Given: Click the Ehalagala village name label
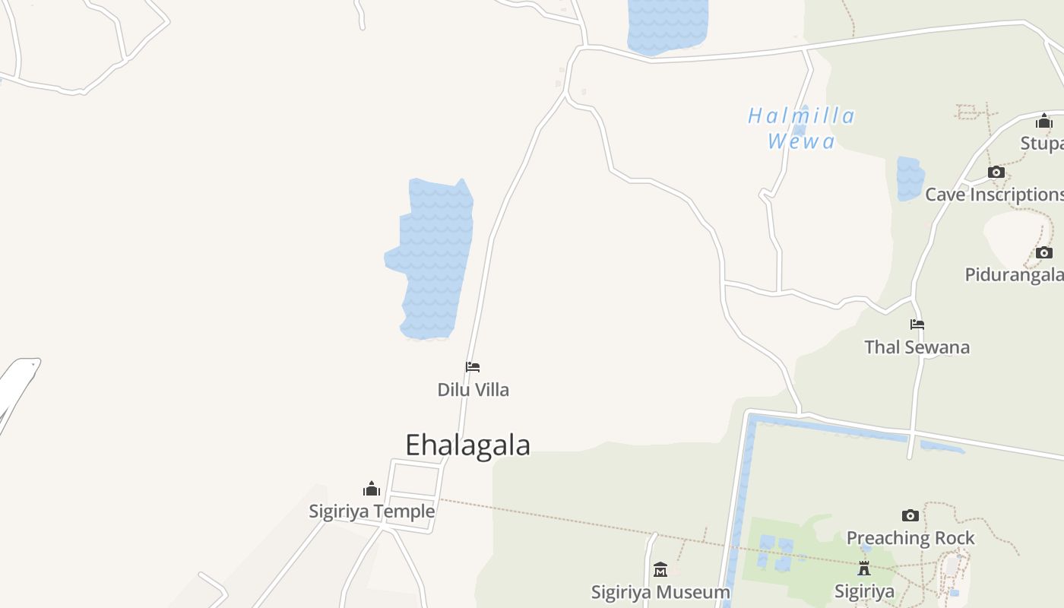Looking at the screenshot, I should point(467,445).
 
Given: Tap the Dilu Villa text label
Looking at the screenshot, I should point(473,390).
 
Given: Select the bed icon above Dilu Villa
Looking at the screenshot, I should point(473,367).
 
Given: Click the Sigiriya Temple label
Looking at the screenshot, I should point(372,511).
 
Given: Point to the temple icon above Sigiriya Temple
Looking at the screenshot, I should point(372,489).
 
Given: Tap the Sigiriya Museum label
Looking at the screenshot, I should point(660,591).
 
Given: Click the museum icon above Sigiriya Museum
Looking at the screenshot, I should point(660,569).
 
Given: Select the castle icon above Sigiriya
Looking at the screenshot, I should point(864,568).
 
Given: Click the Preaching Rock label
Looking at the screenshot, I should point(910,538).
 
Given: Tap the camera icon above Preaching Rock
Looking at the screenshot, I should point(910,516).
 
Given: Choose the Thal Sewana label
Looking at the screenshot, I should point(917,347).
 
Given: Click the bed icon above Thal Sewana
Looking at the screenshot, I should point(917,325).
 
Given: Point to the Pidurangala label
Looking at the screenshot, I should point(1014,274).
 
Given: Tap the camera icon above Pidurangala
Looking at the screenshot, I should point(1044,252).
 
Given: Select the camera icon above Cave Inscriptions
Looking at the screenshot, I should point(996,173).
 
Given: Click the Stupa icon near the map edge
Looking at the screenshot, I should point(1044,122).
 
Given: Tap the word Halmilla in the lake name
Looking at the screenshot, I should point(801,116).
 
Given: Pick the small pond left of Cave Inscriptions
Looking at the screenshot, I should point(910,179).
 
